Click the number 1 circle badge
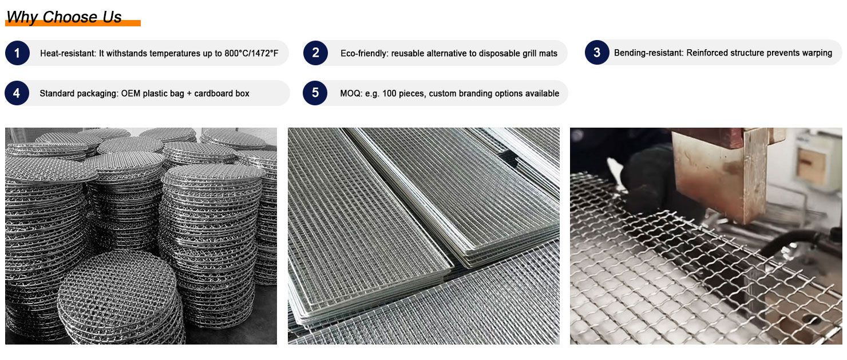(17, 53)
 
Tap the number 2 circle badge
(315, 53)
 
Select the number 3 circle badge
(597, 52)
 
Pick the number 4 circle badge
(17, 93)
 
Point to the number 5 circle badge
(315, 93)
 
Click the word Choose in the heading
(70, 17)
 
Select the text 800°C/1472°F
(251, 53)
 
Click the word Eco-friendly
(364, 53)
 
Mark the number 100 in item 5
(389, 93)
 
